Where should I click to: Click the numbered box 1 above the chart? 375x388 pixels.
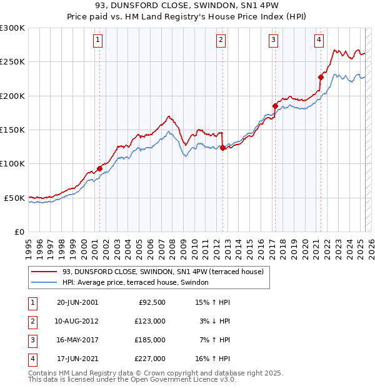pyautogui.click(x=99, y=40)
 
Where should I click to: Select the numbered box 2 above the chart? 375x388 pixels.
pyautogui.click(x=221, y=40)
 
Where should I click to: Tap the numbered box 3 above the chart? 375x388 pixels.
pyautogui.click(x=274, y=40)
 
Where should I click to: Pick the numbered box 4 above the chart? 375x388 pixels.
pyautogui.click(x=319, y=40)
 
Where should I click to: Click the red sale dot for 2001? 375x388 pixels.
pyautogui.click(x=99, y=169)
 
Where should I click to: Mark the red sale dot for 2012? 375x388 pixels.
pyautogui.click(x=222, y=148)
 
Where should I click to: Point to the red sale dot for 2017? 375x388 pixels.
pyautogui.click(x=275, y=106)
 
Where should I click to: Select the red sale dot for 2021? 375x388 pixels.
pyautogui.click(x=321, y=77)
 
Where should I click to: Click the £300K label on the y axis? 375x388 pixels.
pyautogui.click(x=12, y=28)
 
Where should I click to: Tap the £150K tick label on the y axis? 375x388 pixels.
pyautogui.click(x=12, y=130)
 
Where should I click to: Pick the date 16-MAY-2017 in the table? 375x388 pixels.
pyautogui.click(x=77, y=340)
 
